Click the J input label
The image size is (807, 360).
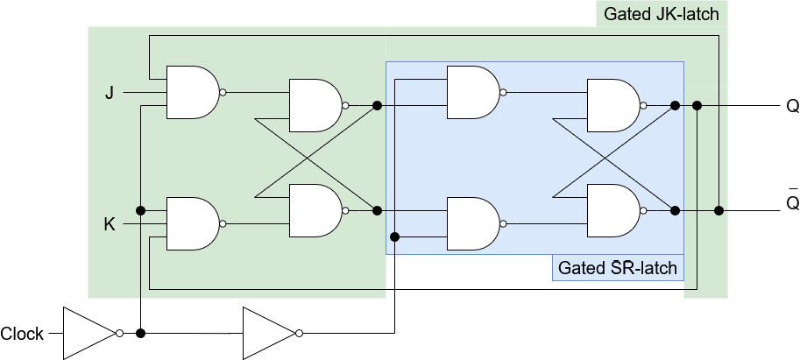[110, 93]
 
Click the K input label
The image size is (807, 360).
[110, 224]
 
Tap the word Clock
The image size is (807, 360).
[22, 334]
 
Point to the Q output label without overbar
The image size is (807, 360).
[793, 106]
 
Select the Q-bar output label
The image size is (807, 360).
[793, 201]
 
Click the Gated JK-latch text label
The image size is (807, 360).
[662, 14]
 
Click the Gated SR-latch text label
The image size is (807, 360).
[618, 268]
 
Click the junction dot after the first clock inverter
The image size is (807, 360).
[140, 333]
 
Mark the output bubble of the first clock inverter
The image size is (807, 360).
[119, 333]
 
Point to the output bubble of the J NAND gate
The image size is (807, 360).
[223, 93]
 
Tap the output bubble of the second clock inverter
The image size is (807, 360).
[299, 333]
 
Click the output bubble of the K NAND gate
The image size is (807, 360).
[223, 223]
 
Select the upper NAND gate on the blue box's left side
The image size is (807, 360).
[476, 93]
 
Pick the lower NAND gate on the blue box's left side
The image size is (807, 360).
[476, 223]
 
